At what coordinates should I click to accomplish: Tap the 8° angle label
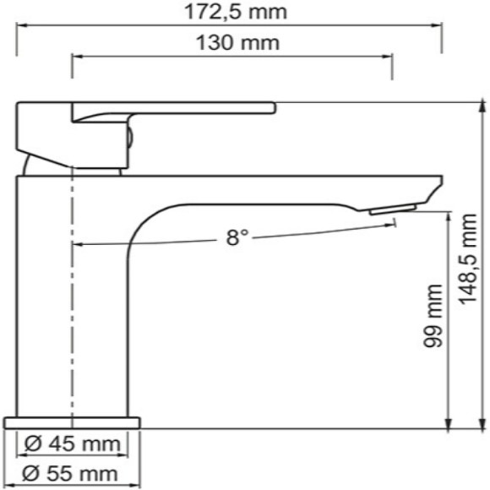tap(237, 238)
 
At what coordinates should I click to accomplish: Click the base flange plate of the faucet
tap(72, 422)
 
